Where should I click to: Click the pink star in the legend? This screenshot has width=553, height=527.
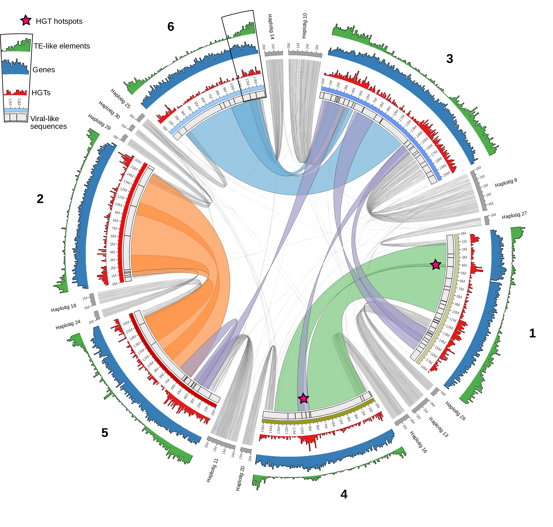pyautogui.click(x=26, y=20)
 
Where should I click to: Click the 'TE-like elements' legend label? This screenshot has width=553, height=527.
pyautogui.click(x=62, y=46)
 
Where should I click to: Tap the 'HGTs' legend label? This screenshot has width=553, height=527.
pyautogui.click(x=41, y=93)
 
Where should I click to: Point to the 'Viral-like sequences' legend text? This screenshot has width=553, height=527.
pyautogui.click(x=48, y=122)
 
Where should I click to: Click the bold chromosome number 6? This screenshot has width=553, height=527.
pyautogui.click(x=170, y=27)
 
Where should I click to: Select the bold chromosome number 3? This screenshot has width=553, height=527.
pyautogui.click(x=449, y=59)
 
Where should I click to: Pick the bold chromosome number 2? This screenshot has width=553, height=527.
pyautogui.click(x=40, y=199)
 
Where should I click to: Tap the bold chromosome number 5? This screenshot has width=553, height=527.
pyautogui.click(x=105, y=433)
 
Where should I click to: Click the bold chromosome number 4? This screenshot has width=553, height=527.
pyautogui.click(x=343, y=494)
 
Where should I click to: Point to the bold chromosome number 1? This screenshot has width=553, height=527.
pyautogui.click(x=532, y=333)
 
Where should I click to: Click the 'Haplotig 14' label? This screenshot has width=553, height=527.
pyautogui.click(x=271, y=27)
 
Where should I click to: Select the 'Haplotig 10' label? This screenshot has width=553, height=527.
pyautogui.click(x=304, y=26)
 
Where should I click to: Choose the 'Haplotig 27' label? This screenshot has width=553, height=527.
pyautogui.click(x=514, y=215)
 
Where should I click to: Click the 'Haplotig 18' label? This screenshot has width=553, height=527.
pyautogui.click(x=63, y=308)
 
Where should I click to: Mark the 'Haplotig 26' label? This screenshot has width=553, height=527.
pyautogui.click(x=455, y=411)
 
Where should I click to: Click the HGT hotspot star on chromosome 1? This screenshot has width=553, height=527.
pyautogui.click(x=435, y=264)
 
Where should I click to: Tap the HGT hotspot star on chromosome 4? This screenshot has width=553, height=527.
pyautogui.click(x=303, y=398)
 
